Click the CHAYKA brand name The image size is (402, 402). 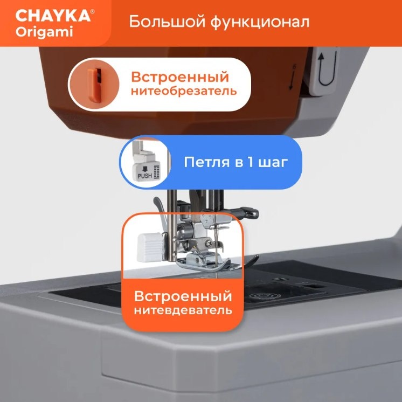tap(53, 16)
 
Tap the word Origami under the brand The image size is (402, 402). tap(44, 32)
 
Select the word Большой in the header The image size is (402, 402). tap(167, 22)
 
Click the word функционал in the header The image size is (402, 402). tap(260, 22)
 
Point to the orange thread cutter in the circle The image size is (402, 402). tap(95, 84)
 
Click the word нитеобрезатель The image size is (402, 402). tap(184, 91)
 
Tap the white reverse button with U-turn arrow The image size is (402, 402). tap(324, 71)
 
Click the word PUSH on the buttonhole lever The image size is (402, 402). tap(145, 176)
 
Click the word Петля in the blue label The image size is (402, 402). tap(206, 163)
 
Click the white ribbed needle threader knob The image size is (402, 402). tap(150, 247)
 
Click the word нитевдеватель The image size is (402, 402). tap(183, 310)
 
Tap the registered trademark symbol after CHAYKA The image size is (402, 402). tap(92, 11)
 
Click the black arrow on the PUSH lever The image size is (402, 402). tap(145, 169)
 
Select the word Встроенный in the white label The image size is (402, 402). tap(180, 77)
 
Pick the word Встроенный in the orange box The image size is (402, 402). tap(183, 296)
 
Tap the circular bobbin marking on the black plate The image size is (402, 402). tap(262, 296)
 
